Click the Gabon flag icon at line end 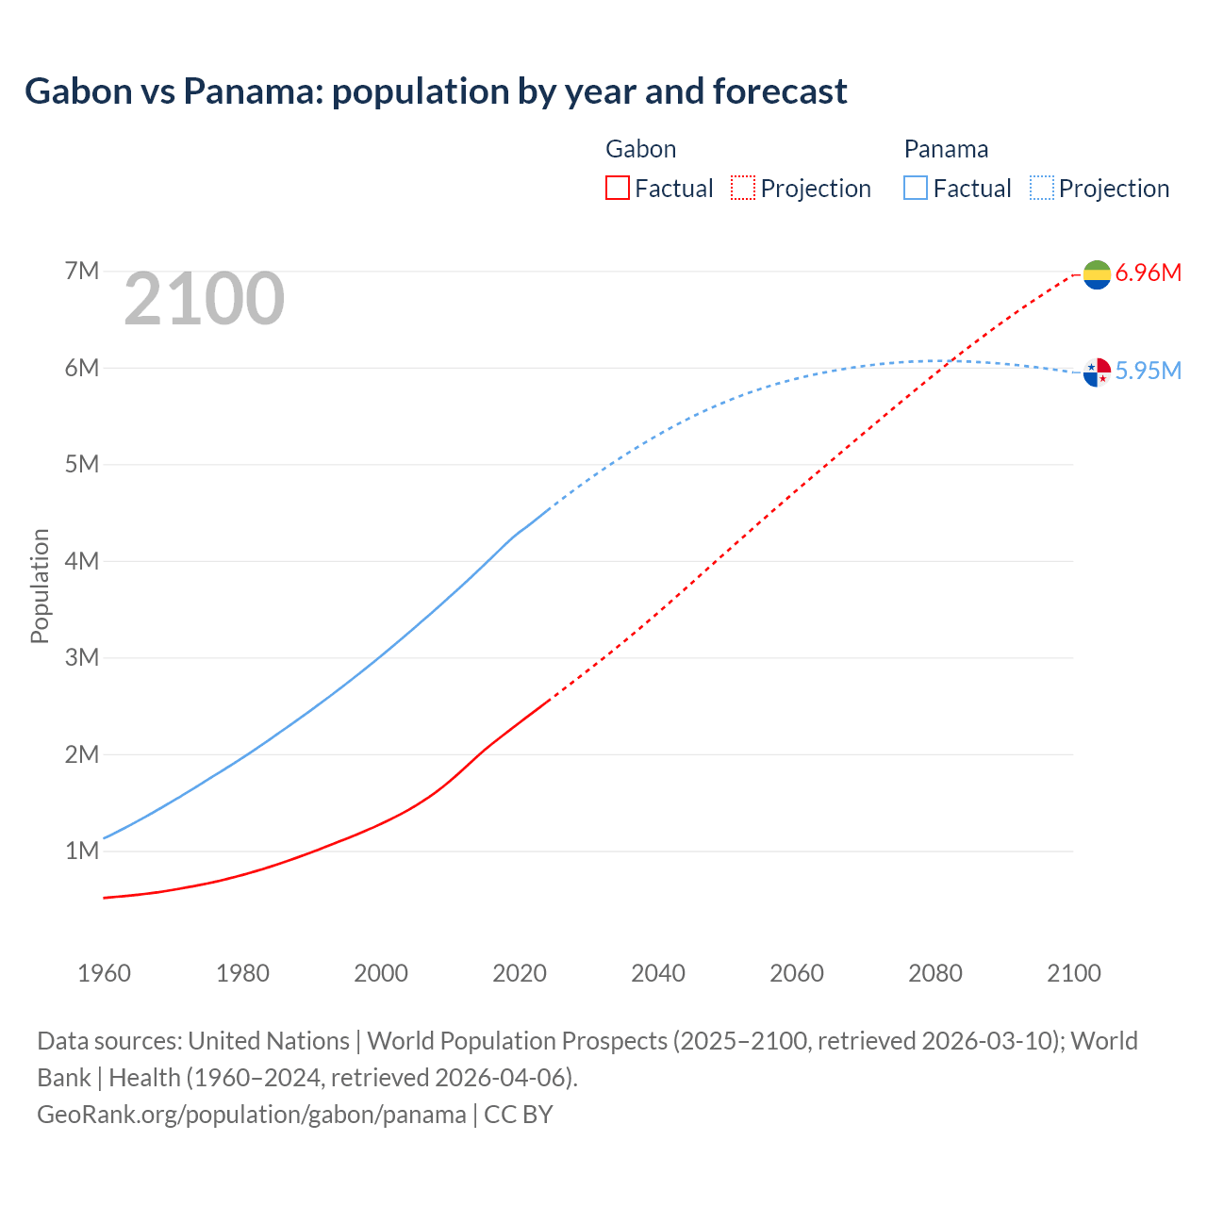[1097, 274]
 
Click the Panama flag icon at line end [1097, 372]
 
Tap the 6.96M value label [1148, 273]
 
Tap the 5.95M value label [1148, 372]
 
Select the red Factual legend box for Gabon [617, 189]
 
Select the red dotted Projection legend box [743, 189]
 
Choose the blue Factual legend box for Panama [916, 189]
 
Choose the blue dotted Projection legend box [1042, 189]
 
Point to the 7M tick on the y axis [82, 272]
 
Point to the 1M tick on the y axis [82, 852]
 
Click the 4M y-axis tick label [82, 561]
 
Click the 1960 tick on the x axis [104, 973]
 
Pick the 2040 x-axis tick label [658, 973]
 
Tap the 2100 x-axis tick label [1073, 973]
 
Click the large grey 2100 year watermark [204, 299]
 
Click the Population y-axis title [40, 586]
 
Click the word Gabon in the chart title [78, 91]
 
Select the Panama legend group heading [946, 149]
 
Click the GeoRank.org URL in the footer [251, 1115]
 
